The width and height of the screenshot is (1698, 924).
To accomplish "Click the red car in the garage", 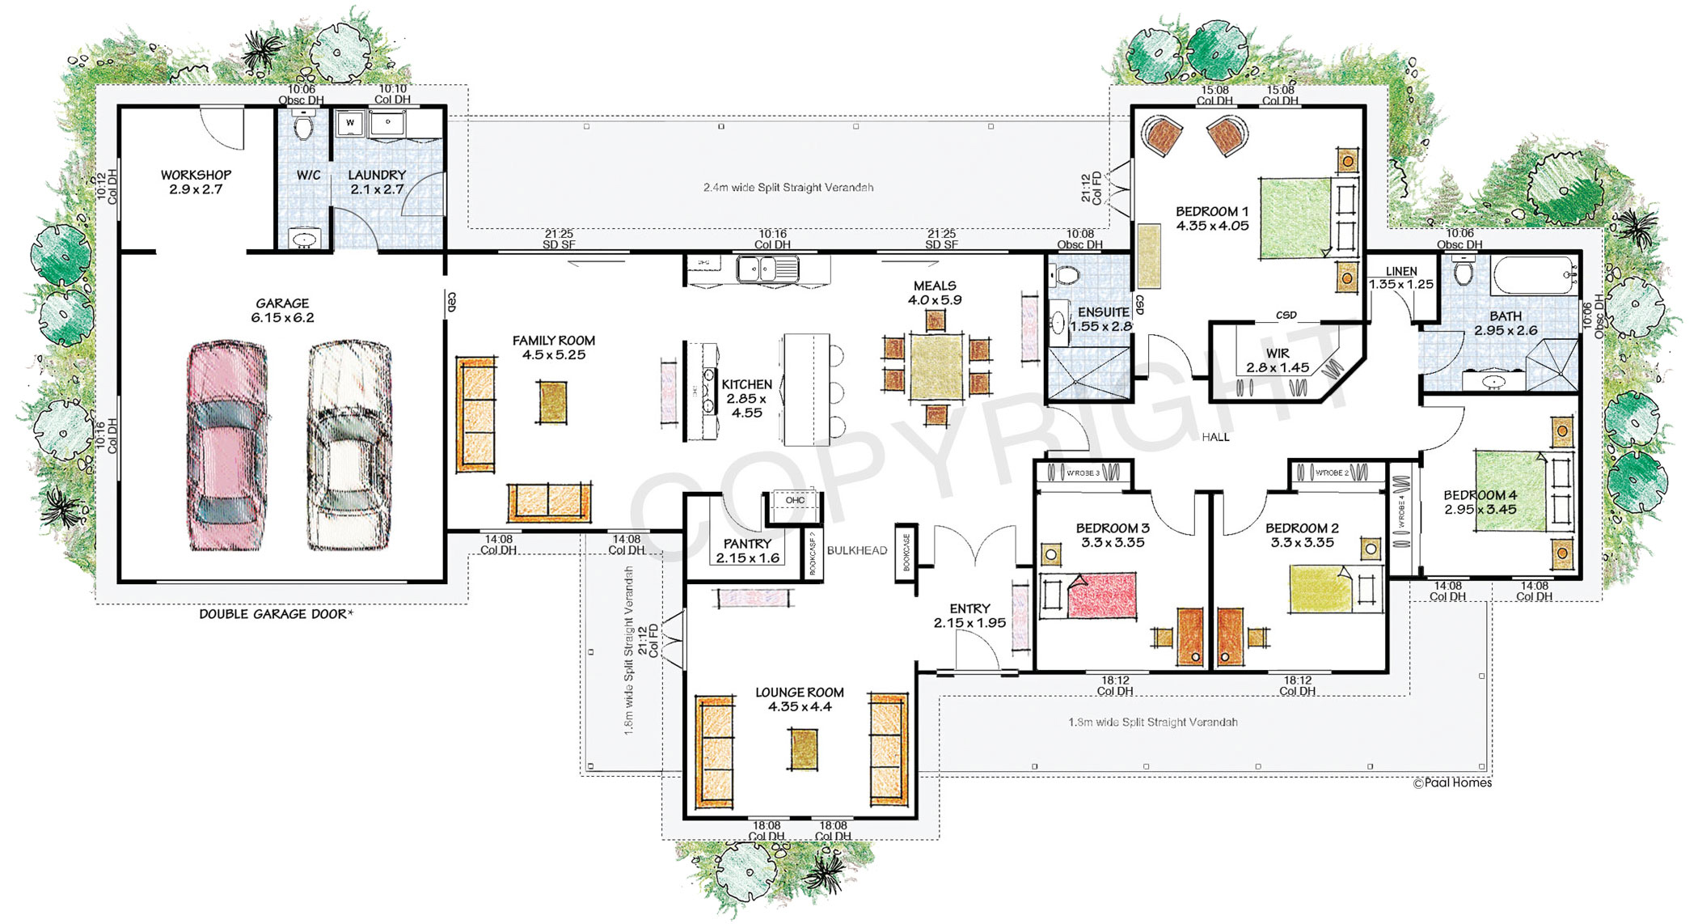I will [227, 445].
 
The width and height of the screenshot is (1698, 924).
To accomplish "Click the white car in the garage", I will [349, 445].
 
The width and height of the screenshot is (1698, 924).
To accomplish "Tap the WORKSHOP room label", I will [196, 182].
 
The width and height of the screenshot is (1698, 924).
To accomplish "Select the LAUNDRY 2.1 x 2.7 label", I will [377, 182].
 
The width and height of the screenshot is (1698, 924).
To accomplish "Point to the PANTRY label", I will [747, 550].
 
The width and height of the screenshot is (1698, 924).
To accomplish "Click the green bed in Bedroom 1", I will [1295, 218].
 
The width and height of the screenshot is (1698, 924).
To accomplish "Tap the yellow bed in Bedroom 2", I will [1320, 589].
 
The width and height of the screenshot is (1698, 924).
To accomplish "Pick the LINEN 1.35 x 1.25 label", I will [1401, 278].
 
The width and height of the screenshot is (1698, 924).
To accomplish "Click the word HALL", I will [1215, 437].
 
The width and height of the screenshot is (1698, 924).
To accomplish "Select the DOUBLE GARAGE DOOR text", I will [276, 614].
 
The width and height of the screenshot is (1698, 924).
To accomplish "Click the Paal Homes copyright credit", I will [1452, 782].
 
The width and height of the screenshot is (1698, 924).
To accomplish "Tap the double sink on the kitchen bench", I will [767, 268].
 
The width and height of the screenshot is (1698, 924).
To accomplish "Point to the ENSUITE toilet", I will [1067, 275].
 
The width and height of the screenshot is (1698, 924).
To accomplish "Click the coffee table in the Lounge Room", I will [804, 749].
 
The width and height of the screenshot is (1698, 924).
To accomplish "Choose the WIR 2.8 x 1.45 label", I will [1278, 360].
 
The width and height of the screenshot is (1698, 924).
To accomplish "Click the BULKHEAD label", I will [857, 550].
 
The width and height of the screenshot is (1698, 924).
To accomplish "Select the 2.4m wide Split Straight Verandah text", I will [788, 187].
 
